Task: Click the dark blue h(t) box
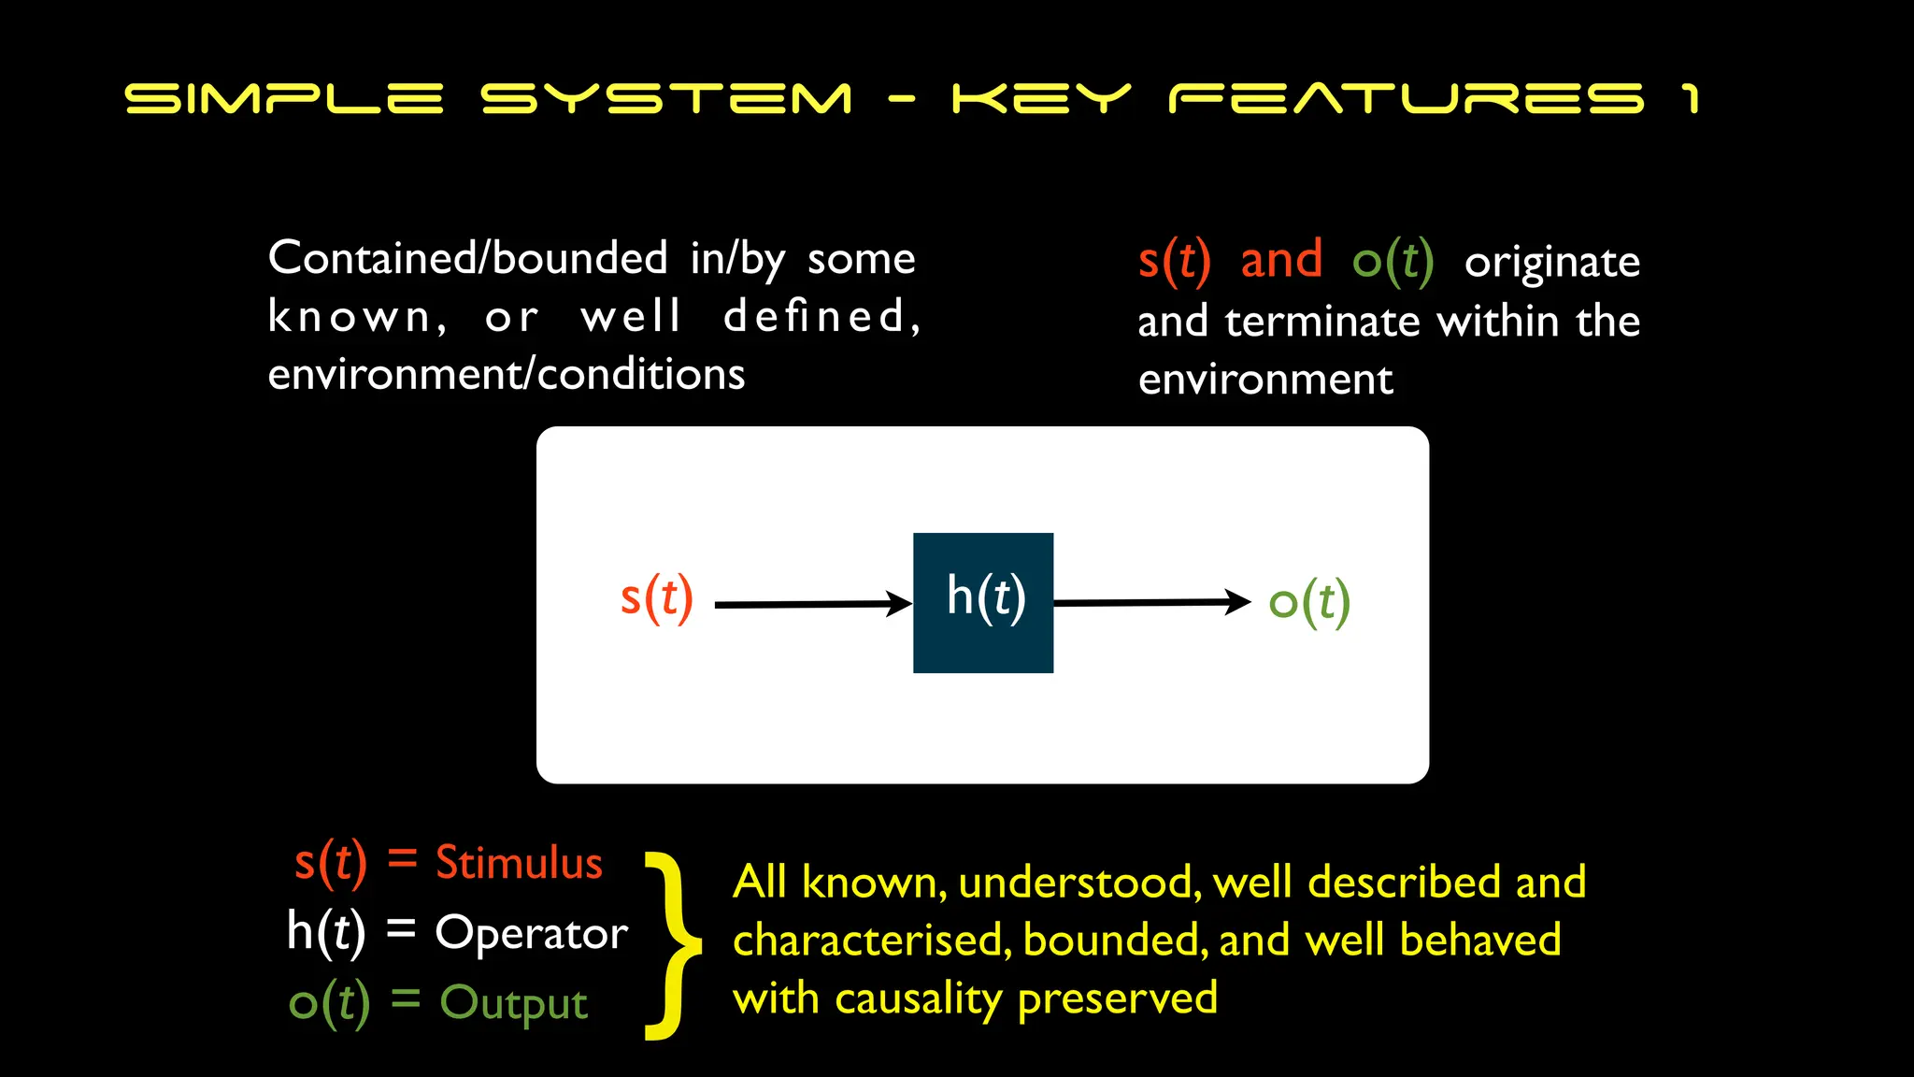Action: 983,603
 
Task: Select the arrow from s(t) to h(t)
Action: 811,605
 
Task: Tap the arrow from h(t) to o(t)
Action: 1150,603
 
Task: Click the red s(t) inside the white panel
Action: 657,598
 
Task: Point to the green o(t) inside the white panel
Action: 1309,602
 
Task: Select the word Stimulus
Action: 519,862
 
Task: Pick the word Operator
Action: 531,933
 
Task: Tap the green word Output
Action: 513,1003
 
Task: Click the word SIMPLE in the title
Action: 284,98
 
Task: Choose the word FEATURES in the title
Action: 1406,98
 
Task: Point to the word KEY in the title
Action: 1041,98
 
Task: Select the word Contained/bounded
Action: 467,258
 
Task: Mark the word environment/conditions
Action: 506,375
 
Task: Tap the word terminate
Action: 1322,322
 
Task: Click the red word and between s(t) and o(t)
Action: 1281,259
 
